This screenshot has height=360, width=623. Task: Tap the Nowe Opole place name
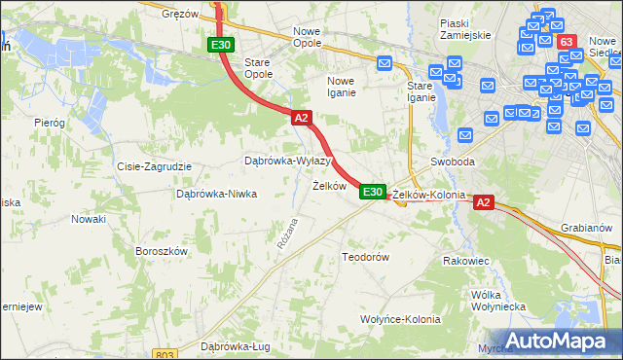coord(313,31)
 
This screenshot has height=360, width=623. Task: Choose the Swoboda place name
coord(452,162)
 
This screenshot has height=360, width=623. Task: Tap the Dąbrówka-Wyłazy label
coord(288,160)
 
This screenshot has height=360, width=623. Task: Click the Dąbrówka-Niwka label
coord(216,193)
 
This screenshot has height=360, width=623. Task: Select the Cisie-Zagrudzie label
coord(154,166)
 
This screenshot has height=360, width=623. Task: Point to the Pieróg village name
coord(49,123)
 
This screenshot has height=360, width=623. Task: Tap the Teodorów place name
coord(365,257)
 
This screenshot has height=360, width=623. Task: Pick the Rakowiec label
coord(465,261)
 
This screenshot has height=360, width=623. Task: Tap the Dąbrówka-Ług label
coord(234,345)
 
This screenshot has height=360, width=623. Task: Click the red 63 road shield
coord(568,42)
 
